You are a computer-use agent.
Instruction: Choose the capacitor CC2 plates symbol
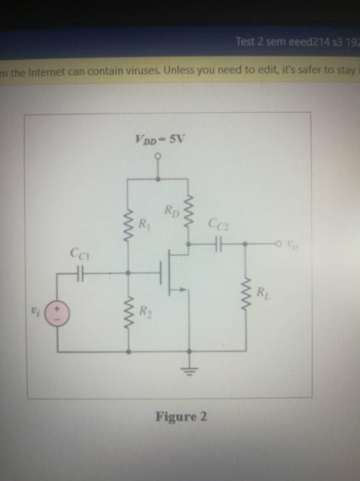point(218,244)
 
